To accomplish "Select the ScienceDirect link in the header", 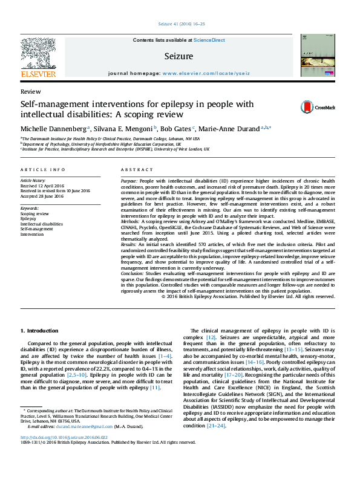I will [210, 40].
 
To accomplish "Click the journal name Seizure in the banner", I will [178, 56].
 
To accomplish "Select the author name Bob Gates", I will [177, 129].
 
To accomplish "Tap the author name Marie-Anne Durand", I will [230, 129].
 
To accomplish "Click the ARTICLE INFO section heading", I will [42, 170].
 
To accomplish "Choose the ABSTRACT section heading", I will [133, 170].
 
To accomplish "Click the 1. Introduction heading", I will [40, 331].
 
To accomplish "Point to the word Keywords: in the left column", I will [30, 209].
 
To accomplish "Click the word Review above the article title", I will [27, 91].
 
